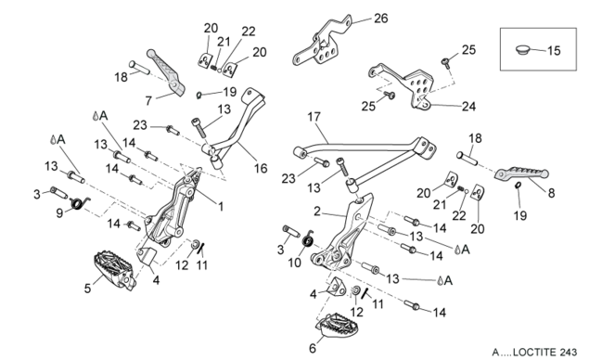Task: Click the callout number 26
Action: click(380, 18)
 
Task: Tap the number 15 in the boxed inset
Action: click(554, 51)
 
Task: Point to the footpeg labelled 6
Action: click(336, 327)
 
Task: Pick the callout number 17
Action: click(314, 117)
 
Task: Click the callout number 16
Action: click(261, 168)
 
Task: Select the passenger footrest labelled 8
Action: click(521, 174)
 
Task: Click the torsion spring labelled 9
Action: click(80, 203)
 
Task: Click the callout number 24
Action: click(468, 107)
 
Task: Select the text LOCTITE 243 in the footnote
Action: click(544, 352)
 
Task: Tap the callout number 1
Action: click(221, 206)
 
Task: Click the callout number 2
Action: click(317, 212)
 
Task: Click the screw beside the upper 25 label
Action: click(446, 62)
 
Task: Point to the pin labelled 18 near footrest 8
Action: click(467, 159)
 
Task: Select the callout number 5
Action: click(87, 289)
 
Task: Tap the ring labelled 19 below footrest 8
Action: click(518, 185)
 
